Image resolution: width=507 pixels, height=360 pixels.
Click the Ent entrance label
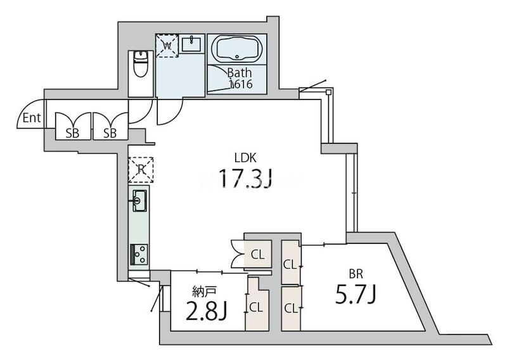(32, 118)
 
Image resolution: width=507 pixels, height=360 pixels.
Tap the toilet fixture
(140, 64)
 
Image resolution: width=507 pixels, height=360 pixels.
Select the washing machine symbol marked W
(167, 46)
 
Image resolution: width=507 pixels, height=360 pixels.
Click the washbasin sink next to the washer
(191, 44)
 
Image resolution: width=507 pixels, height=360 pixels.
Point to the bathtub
(237, 48)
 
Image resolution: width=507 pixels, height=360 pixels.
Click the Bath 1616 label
(240, 78)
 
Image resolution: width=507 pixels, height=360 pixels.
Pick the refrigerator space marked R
(141, 170)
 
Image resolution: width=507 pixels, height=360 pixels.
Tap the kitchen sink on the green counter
(139, 200)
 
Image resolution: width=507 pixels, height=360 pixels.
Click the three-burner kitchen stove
(139, 254)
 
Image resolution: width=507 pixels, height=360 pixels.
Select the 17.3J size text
(246, 179)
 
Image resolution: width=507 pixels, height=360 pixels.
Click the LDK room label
(245, 158)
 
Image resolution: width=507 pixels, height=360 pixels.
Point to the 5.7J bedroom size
(356, 295)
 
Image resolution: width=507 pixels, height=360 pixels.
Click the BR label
(356, 274)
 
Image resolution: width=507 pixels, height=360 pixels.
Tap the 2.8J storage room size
(207, 311)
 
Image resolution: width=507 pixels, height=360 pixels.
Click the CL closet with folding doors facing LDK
(258, 254)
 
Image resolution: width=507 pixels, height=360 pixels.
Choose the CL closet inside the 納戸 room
(257, 307)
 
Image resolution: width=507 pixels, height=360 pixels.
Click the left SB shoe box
(72, 126)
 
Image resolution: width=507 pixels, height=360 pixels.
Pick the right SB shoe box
(110, 126)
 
